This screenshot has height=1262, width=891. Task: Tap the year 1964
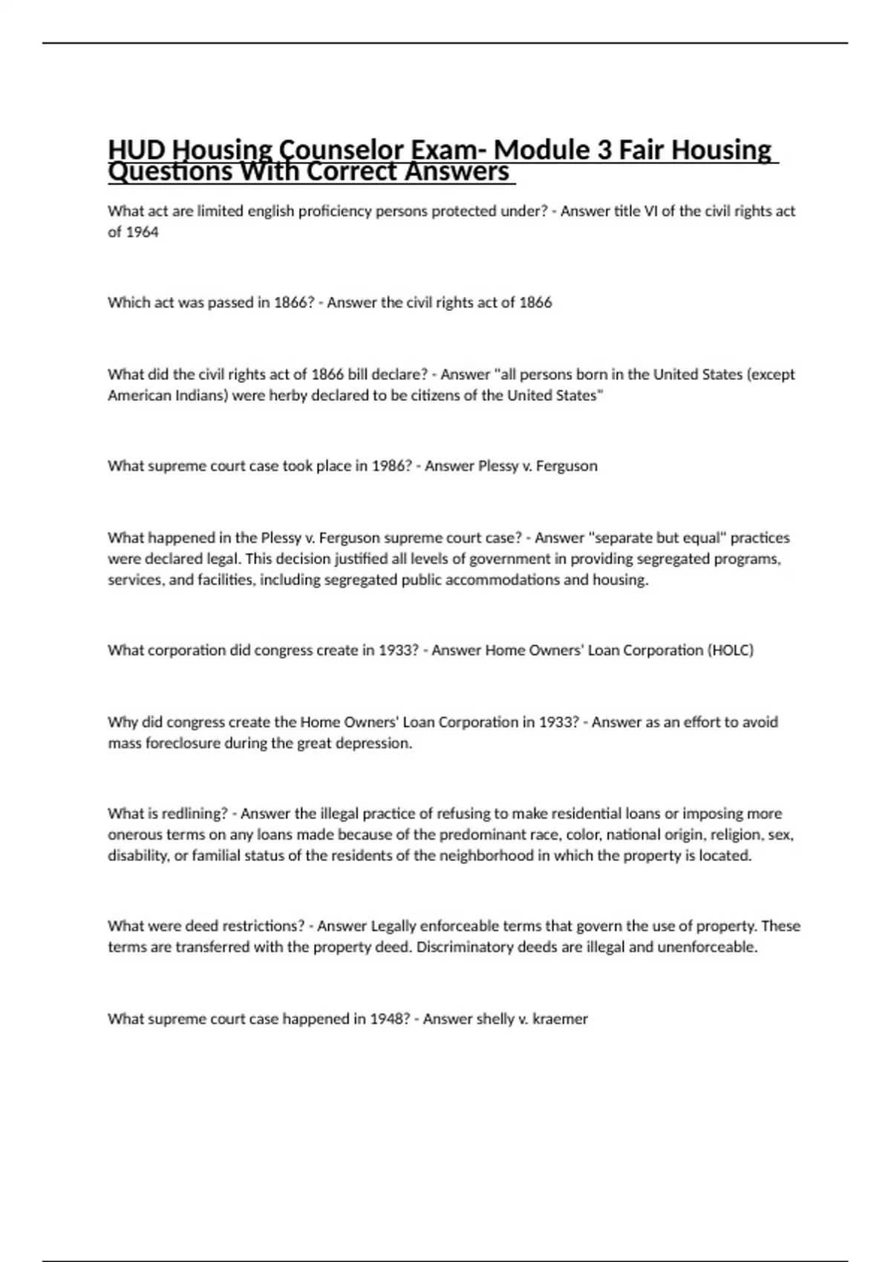(142, 232)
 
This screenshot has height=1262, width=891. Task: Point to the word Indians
(203, 395)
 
